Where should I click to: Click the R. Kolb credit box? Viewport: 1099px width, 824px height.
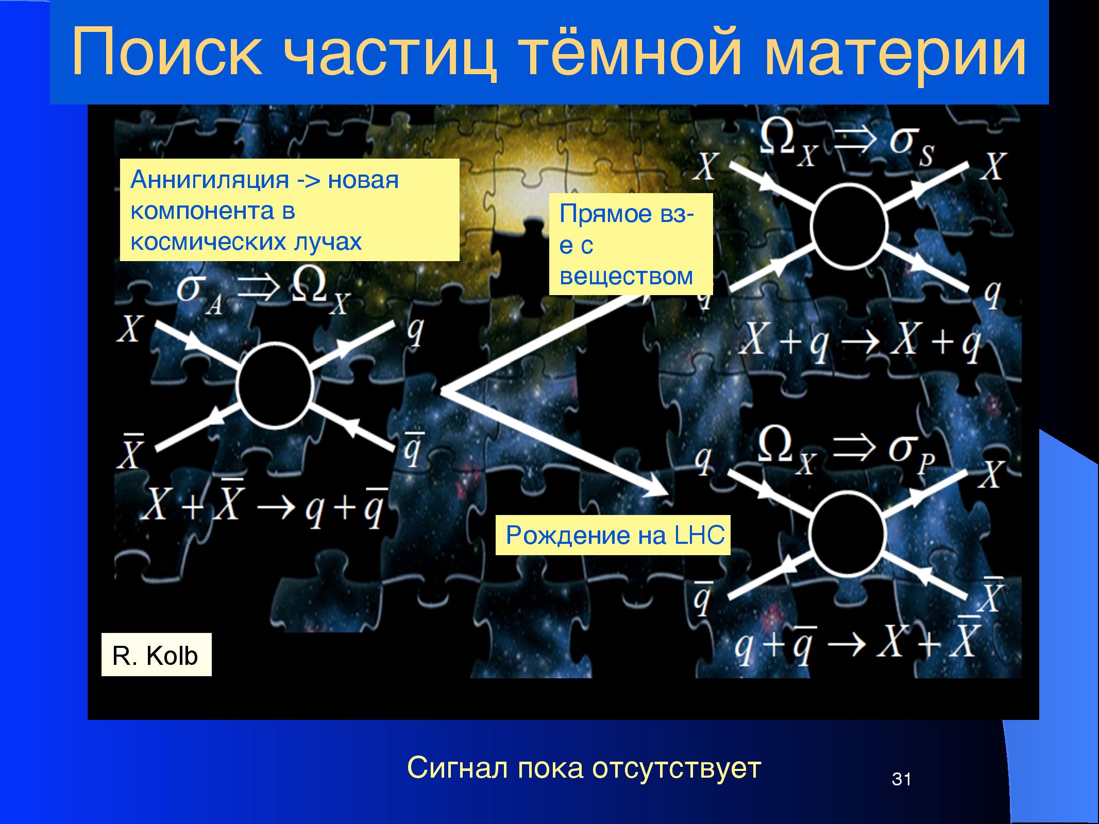(156, 655)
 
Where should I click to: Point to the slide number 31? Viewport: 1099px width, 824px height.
(902, 779)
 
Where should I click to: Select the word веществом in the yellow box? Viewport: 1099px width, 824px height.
(626, 277)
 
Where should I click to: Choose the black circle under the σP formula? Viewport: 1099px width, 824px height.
(847, 532)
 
